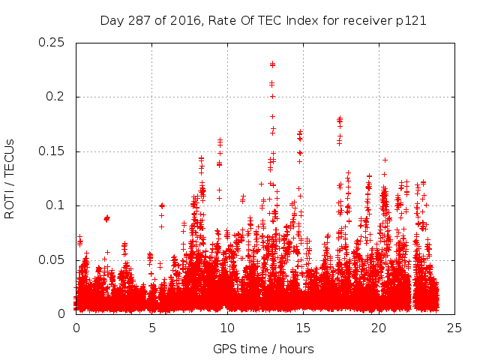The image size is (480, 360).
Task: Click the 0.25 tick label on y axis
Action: [x=51, y=43]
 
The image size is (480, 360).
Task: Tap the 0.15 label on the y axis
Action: [x=51, y=151]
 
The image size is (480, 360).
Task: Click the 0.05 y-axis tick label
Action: [x=51, y=260]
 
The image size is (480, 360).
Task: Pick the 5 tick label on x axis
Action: [x=151, y=328]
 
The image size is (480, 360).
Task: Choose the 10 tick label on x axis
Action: [x=227, y=328]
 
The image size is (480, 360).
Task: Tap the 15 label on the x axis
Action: [x=303, y=328]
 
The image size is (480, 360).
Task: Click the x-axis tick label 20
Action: [x=379, y=328]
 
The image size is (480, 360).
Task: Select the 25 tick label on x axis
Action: [x=454, y=328]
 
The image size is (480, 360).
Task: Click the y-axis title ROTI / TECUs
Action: [x=10, y=178]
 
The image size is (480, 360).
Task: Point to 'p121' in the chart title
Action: [x=411, y=21]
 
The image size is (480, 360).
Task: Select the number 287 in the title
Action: [x=136, y=21]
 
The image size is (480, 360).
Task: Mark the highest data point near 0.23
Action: [x=272, y=64]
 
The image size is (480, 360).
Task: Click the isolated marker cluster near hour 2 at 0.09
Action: [x=106, y=217]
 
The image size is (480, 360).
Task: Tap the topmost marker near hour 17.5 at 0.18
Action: [x=340, y=118]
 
